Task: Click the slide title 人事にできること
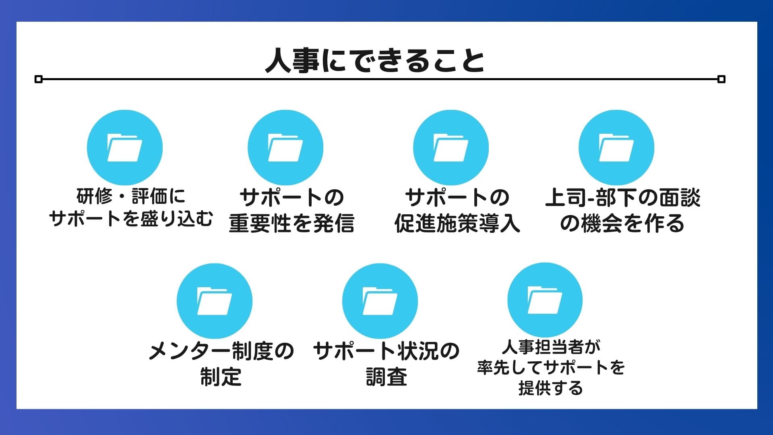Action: (375, 61)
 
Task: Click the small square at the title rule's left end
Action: (39, 79)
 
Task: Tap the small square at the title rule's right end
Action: (721, 79)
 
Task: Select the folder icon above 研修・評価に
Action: (125, 148)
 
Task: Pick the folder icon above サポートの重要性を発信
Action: (285, 148)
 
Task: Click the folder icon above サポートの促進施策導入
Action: (451, 148)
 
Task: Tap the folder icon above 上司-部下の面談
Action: (616, 148)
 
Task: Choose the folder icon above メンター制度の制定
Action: (215, 301)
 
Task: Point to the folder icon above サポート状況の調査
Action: (380, 301)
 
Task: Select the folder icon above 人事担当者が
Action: (545, 300)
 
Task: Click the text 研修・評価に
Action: (131, 197)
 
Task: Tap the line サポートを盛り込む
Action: (131, 218)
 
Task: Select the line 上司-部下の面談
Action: (623, 198)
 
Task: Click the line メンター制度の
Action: (221, 351)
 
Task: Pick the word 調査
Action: (386, 377)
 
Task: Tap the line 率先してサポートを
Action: (551, 367)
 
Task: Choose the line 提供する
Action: (551, 388)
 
